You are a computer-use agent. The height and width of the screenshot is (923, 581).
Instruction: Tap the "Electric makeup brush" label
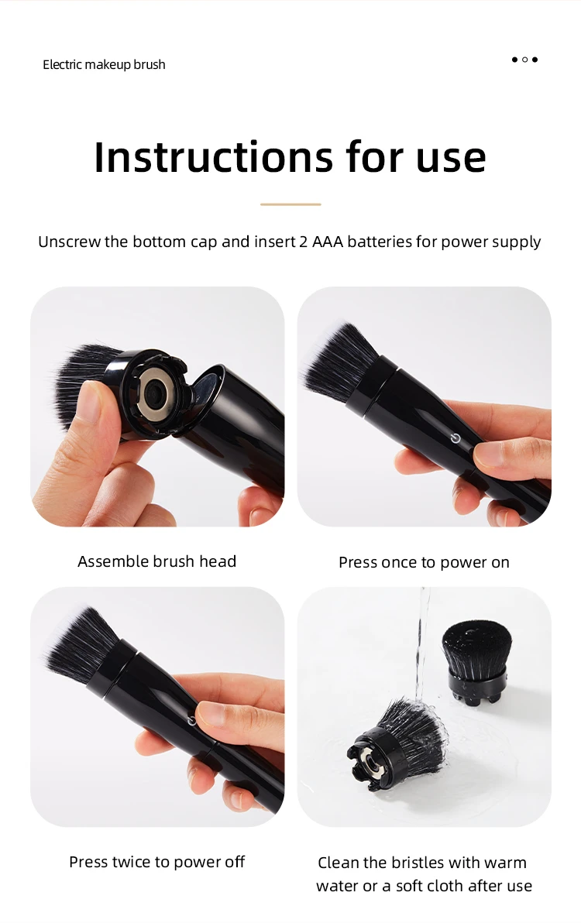pos(104,64)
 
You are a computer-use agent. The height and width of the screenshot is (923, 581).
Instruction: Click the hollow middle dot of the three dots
pos(524,60)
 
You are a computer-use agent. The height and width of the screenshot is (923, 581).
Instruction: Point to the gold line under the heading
pos(290,204)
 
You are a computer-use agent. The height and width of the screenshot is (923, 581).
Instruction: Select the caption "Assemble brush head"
pos(157,561)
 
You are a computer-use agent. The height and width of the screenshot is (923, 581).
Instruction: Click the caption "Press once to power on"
pos(424,562)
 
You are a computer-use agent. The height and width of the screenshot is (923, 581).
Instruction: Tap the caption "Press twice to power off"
pos(157,862)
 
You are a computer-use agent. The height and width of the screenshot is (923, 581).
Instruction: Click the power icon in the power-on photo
pos(456,438)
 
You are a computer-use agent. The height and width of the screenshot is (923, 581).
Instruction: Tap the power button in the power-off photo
pos(191,720)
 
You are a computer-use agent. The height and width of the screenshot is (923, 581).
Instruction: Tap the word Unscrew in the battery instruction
pos(69,242)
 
